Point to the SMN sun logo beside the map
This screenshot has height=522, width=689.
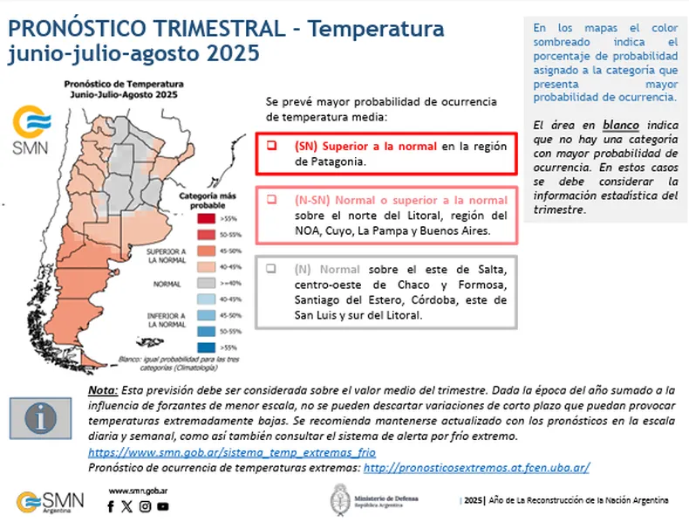[x=31, y=129]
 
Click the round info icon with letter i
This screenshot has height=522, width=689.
[x=43, y=418]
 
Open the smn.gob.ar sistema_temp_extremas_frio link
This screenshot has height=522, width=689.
[x=232, y=452]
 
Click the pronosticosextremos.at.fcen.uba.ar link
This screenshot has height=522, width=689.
[x=476, y=467]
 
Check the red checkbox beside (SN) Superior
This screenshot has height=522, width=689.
[x=273, y=146]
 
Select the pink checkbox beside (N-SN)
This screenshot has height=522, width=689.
[x=273, y=199]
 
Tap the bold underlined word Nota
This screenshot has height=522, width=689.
[x=106, y=389]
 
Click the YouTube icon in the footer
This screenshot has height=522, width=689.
[x=162, y=506]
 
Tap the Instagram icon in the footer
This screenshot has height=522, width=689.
[x=144, y=506]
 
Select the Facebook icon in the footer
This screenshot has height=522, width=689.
[x=111, y=506]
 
